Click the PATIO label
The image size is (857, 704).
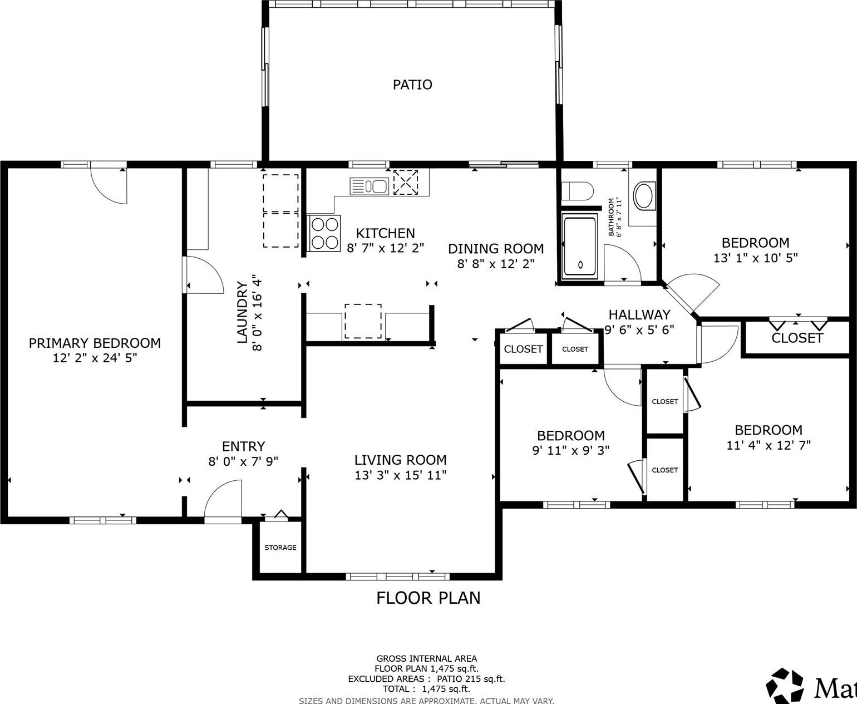click(412, 85)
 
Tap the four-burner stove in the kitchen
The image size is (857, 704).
click(324, 233)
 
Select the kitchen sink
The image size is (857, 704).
click(370, 186)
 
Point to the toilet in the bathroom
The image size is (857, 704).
click(578, 191)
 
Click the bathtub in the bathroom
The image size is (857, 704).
click(580, 247)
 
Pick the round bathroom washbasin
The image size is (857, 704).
click(643, 196)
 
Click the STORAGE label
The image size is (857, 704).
click(280, 548)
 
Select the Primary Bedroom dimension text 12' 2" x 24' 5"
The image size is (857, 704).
click(95, 358)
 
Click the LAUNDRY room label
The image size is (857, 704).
click(242, 312)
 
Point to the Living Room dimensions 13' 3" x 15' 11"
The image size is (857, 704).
click(401, 475)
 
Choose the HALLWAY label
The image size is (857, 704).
click(640, 314)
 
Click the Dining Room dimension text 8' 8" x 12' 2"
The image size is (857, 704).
click(496, 264)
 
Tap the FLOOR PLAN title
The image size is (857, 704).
click(428, 598)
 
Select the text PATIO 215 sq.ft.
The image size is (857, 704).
click(471, 678)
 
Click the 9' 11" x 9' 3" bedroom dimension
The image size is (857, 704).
click(570, 450)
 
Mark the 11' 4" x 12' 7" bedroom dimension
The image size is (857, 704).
click(769, 445)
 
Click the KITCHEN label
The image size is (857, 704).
click(385, 233)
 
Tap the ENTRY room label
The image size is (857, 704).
click(243, 446)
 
